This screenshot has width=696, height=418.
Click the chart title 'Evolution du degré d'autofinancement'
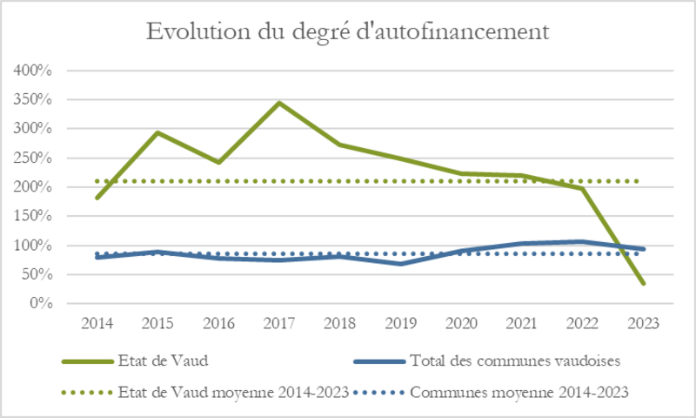click(348, 33)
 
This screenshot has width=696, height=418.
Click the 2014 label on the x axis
click(97, 322)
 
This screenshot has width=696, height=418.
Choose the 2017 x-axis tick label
click(279, 322)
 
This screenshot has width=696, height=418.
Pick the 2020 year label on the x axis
click(461, 322)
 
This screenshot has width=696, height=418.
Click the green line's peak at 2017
click(279, 103)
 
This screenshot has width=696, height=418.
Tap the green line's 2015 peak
click(157, 132)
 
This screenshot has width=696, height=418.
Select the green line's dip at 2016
click(218, 162)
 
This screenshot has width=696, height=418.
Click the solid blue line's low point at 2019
click(400, 263)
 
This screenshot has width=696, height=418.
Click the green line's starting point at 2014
click(97, 198)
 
